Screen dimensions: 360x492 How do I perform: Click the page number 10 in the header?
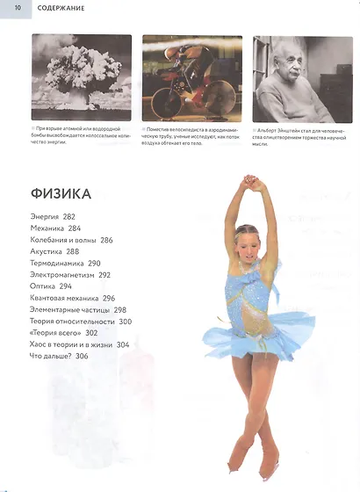(x=18, y=8)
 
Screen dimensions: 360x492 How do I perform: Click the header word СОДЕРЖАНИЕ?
(x=61, y=9)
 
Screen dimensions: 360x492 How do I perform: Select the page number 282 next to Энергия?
(x=69, y=216)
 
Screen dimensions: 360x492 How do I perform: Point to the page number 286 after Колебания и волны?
(x=106, y=240)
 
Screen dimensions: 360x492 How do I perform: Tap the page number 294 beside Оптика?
(x=65, y=286)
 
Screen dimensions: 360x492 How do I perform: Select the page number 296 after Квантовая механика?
(x=109, y=299)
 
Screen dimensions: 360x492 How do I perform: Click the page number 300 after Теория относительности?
(x=125, y=322)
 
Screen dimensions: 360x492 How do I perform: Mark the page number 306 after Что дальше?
(x=82, y=357)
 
